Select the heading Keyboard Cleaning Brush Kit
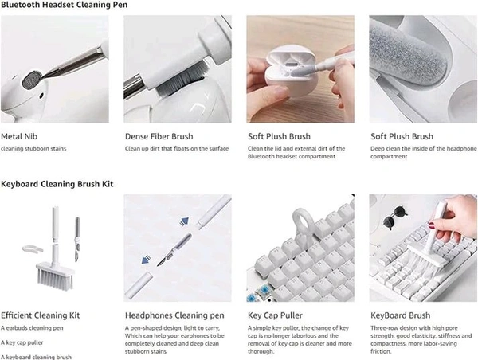[57, 184]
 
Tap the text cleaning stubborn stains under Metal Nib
[33, 148]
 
